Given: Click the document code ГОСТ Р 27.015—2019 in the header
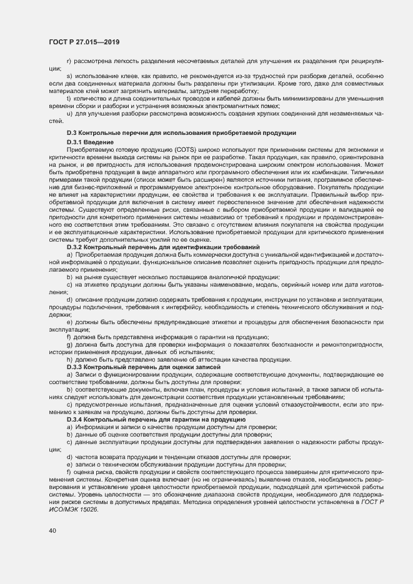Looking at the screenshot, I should point(84,42).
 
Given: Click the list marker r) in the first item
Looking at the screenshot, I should point(69,61).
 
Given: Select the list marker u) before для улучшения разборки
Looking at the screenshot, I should point(69,113).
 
